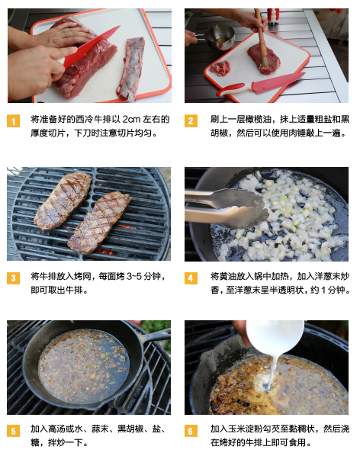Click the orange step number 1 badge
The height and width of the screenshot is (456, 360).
(14, 121)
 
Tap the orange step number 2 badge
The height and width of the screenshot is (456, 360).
(191, 121)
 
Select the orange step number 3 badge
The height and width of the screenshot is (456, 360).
(14, 278)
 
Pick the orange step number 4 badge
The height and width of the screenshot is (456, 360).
(191, 278)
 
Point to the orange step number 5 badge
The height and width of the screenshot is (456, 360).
(14, 431)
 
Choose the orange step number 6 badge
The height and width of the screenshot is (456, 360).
(191, 431)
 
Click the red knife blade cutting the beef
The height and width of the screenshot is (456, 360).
(90, 46)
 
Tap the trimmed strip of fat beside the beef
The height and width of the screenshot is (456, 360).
(131, 69)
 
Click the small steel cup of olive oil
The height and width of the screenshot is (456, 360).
(219, 37)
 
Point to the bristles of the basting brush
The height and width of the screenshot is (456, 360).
(265, 61)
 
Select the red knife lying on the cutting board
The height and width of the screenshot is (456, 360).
(260, 85)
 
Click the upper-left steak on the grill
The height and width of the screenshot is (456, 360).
(63, 200)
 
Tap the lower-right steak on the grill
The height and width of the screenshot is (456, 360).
(99, 222)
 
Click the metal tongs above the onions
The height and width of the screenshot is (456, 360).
(225, 207)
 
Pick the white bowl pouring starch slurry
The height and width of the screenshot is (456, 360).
(275, 337)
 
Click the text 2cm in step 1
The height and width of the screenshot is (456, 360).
(131, 119)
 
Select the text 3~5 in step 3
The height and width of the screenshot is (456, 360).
(134, 276)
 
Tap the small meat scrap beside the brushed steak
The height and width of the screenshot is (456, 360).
(220, 68)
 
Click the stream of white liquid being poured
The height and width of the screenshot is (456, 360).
(273, 372)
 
